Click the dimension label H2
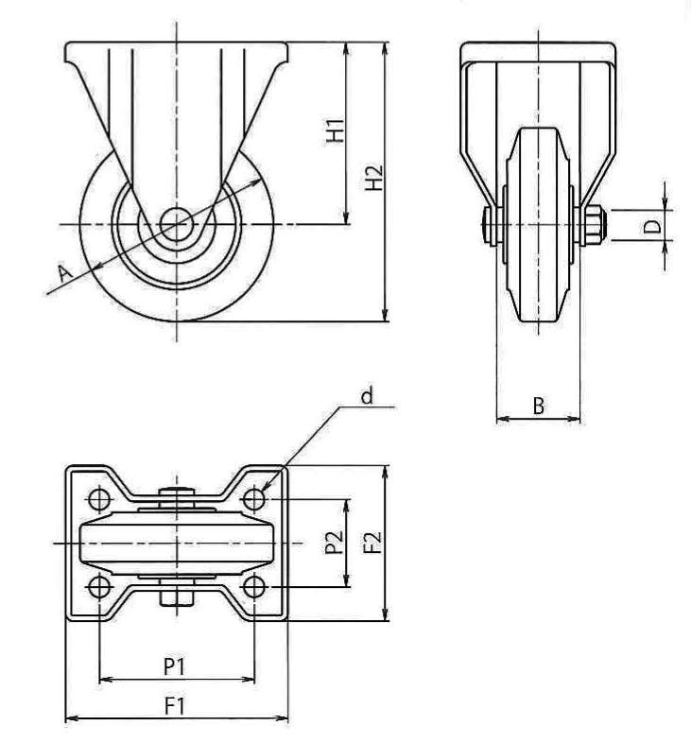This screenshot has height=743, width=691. pos(374,177)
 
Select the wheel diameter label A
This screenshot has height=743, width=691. pos(64,273)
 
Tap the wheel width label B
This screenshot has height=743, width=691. pos(537,406)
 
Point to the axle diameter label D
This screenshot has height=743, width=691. pos(650,226)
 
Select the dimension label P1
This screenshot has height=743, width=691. pos(174,665)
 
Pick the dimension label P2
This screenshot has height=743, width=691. pos(332,544)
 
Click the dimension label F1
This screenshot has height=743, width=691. pos(174,705)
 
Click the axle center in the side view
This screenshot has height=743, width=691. pos(175,224)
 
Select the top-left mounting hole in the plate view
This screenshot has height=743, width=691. pos(98,498)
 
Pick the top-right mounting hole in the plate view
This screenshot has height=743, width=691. pos(253,498)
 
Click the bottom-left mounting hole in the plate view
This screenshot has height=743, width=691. pos(98,588)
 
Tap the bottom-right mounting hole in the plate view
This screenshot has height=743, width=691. pos(253,588)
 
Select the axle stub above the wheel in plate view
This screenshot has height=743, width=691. pos(176,492)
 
